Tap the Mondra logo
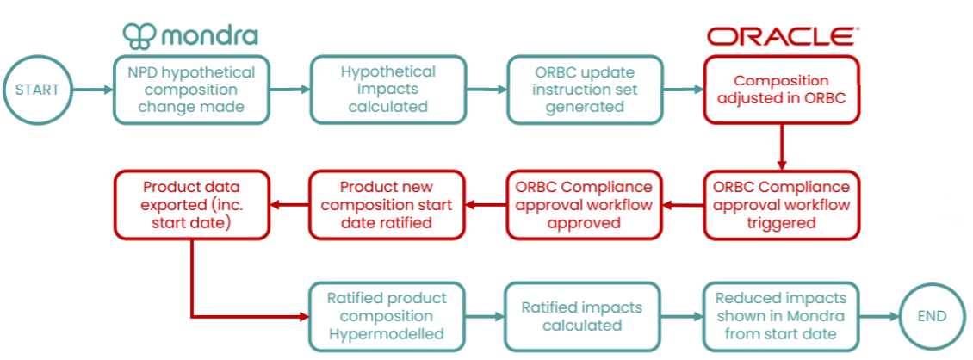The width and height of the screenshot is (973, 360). [190, 35]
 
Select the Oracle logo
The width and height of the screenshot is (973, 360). [783, 36]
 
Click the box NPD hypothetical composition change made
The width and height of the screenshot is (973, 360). [191, 90]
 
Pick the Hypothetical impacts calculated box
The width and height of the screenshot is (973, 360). [387, 90]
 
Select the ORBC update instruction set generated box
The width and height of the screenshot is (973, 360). [585, 90]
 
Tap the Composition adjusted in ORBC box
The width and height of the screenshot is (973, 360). [781, 90]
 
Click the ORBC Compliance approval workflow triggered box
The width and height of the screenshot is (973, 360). [781, 205]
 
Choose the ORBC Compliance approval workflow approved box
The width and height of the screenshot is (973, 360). [585, 205]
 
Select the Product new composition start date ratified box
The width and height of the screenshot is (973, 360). [387, 205]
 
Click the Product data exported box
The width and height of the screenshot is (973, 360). [191, 205]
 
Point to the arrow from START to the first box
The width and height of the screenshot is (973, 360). [92, 90]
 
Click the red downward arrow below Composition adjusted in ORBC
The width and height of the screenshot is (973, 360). [782, 147]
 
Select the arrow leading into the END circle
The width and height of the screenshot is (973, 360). [880, 317]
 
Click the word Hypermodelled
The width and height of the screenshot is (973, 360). [387, 334]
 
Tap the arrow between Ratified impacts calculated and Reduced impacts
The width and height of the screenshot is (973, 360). [682, 317]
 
